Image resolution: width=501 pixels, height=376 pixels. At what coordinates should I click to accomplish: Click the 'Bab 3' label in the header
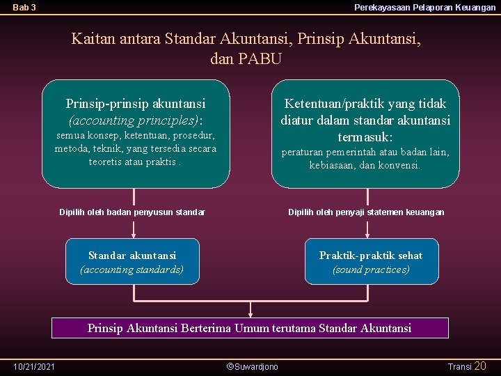24,8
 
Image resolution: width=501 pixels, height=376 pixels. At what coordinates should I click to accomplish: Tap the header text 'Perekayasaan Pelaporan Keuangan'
424,8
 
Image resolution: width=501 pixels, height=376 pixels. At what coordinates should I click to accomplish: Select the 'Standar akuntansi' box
132,261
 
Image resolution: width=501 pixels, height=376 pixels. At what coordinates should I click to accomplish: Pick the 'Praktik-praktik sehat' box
371,261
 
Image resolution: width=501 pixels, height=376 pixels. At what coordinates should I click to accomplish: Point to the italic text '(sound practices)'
371,269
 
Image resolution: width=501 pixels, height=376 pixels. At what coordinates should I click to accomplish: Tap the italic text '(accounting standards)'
132,269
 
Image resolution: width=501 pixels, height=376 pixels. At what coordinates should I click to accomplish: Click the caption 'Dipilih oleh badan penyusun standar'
132,212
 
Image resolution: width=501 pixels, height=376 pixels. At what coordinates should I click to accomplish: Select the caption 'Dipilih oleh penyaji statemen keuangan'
366,212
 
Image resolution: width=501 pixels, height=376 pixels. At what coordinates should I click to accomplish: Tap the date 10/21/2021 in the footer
35,366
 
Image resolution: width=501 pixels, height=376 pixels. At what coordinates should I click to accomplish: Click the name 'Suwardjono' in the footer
256,366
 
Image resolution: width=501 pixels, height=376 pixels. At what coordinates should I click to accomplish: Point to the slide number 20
480,366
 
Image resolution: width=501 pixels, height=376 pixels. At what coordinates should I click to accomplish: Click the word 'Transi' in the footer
459,366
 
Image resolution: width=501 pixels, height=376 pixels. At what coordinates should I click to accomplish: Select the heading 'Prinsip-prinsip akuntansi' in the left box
136,104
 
